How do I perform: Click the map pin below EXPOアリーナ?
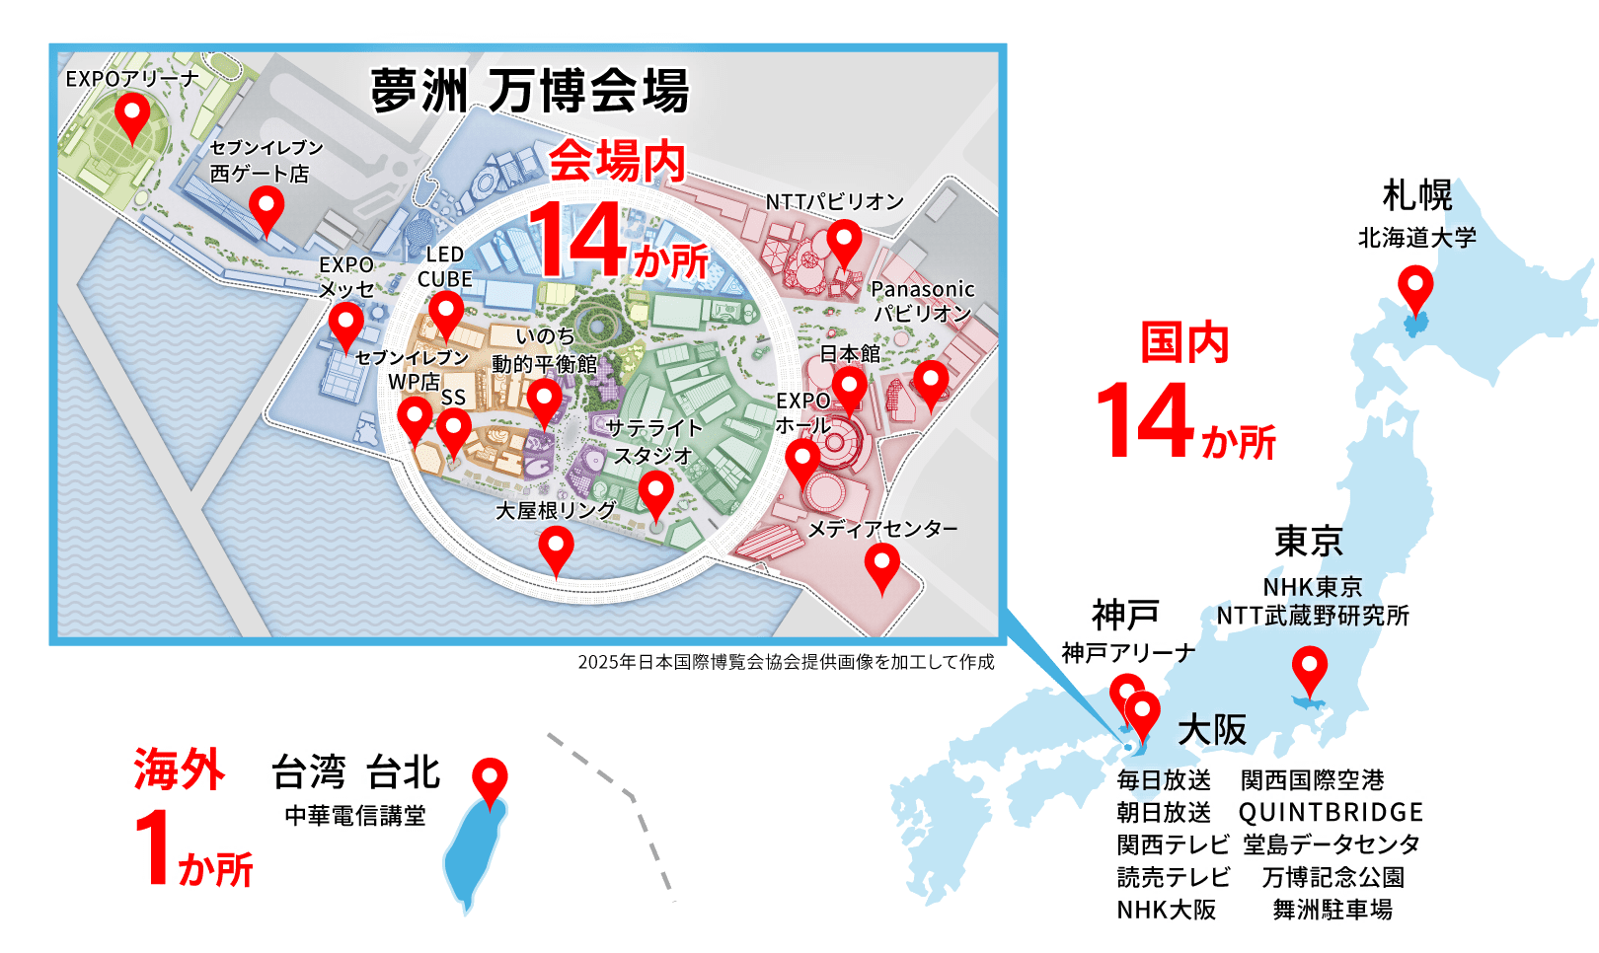tap(132, 113)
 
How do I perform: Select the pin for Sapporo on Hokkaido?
tap(1415, 288)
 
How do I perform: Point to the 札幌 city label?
tap(1417, 195)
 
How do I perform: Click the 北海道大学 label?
tap(1417, 238)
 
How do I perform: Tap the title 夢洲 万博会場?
tap(530, 91)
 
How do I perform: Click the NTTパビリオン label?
tap(835, 201)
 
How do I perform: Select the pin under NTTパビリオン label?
tap(843, 240)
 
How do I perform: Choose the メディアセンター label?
tap(882, 529)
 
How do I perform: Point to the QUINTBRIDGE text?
tap(1331, 813)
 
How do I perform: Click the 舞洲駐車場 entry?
tap(1332, 910)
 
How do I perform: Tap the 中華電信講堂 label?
tap(355, 816)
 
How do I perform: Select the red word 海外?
tap(180, 770)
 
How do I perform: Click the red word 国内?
tap(1184, 343)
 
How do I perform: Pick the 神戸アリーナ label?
tap(1128, 653)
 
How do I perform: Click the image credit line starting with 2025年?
tap(786, 662)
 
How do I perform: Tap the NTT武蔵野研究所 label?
tap(1313, 616)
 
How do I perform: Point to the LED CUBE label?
tap(444, 266)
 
